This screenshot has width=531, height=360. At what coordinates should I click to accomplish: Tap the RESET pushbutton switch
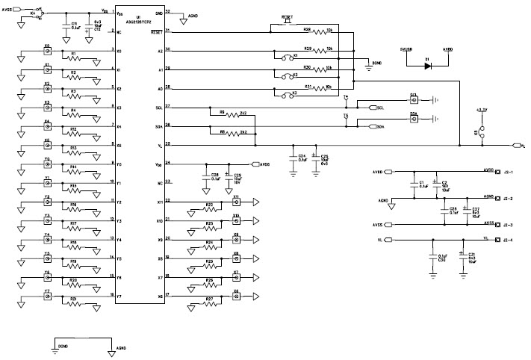click(287, 21)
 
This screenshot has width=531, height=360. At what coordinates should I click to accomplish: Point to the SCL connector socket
click(413, 99)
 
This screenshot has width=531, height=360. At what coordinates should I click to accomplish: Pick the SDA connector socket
click(413, 120)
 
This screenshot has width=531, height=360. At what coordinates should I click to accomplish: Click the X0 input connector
click(47, 51)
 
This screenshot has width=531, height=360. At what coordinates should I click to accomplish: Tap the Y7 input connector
click(47, 296)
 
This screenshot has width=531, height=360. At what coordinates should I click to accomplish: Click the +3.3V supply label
click(482, 110)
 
